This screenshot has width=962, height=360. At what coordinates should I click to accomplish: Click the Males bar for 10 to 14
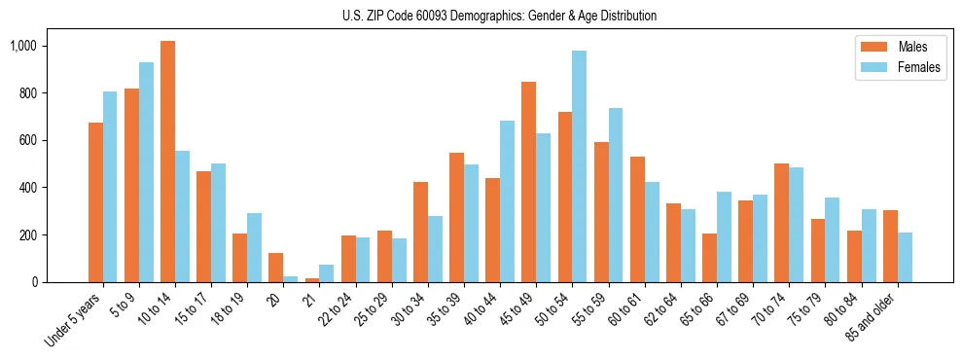point(167,162)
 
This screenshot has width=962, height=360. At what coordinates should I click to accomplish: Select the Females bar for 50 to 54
point(579,166)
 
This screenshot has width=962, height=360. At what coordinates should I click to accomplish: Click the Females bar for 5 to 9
point(146,172)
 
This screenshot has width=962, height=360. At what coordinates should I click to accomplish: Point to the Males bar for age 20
point(275,268)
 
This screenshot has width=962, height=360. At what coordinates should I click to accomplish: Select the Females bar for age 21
point(326,273)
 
